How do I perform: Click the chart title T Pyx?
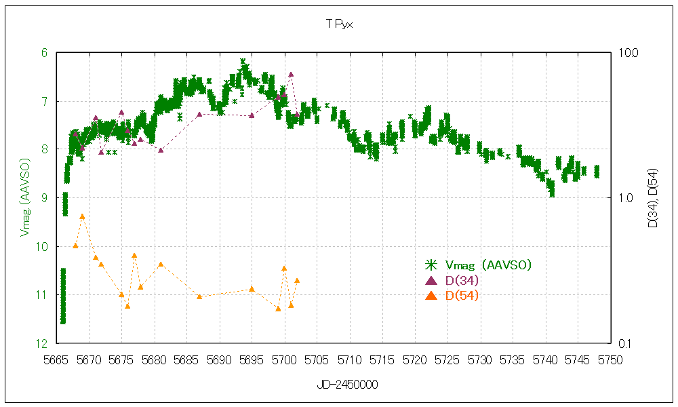[339, 24]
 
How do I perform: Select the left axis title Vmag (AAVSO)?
[25, 198]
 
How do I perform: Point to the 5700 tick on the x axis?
[285, 359]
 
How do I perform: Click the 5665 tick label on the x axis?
[57, 359]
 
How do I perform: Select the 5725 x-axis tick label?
[447, 359]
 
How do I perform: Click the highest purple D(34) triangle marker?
[291, 75]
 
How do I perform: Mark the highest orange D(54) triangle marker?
[82, 216]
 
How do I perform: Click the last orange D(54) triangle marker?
[297, 281]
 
